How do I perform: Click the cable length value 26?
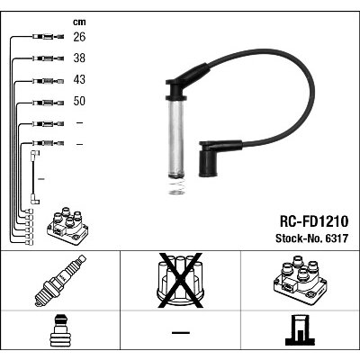[x=79, y=37]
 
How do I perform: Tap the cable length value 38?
[x=79, y=58]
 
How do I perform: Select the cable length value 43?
[x=79, y=79]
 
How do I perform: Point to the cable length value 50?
[x=79, y=101]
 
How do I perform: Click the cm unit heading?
[x=79, y=22]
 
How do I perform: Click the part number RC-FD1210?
[x=314, y=221]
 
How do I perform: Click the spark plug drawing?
[x=60, y=281]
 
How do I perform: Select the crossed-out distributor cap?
[x=180, y=281]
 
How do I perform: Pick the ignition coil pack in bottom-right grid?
[x=300, y=281]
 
